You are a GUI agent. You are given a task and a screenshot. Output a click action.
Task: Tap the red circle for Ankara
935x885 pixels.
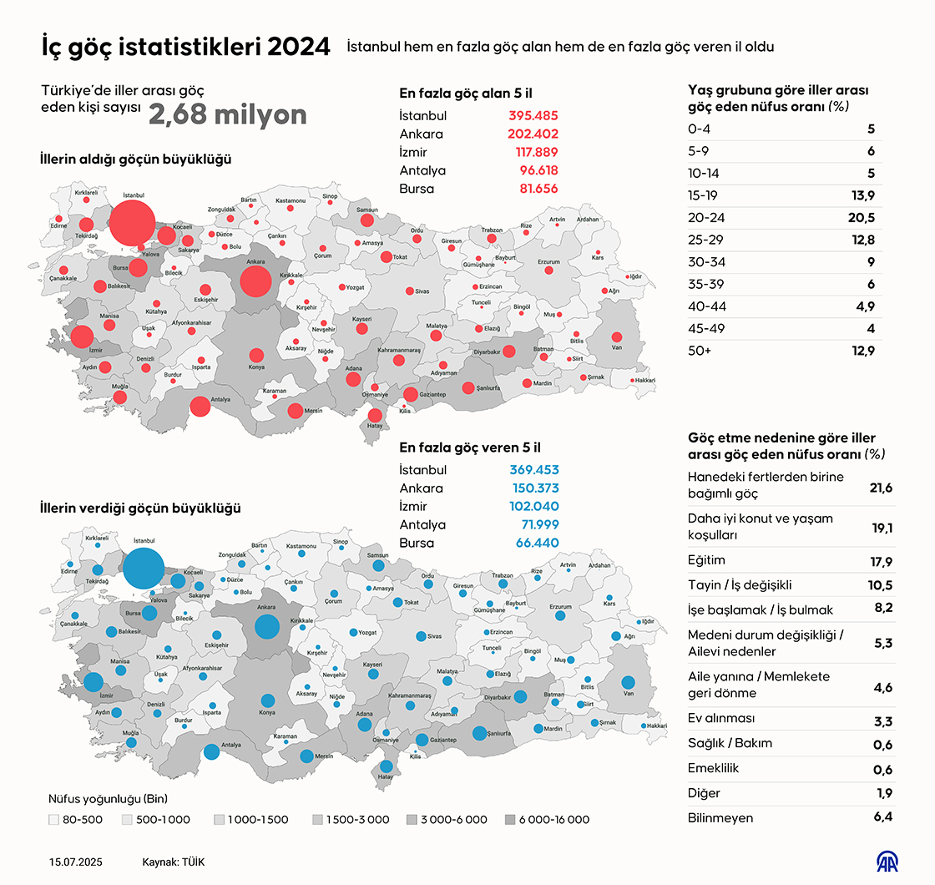coord(255,281)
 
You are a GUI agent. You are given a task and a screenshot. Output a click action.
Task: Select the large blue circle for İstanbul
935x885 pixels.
coord(144,569)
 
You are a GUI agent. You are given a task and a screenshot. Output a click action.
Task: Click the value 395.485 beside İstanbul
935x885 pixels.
coord(533,116)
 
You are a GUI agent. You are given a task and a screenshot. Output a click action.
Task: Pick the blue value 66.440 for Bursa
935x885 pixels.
coord(534,544)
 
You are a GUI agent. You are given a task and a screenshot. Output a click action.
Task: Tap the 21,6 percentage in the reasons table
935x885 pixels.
coord(881,488)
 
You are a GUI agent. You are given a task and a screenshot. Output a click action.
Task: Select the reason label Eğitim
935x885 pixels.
coord(706,560)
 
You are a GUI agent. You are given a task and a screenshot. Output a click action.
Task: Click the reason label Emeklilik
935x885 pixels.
coord(714,768)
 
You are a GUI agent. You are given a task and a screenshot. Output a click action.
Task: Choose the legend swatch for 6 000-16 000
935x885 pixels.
coord(510,820)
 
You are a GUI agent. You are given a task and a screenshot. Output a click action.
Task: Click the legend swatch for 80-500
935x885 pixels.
coord(54,820)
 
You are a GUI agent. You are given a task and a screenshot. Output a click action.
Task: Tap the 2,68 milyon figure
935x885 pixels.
coord(227,115)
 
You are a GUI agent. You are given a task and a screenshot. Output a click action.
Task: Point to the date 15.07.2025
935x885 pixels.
coord(77,862)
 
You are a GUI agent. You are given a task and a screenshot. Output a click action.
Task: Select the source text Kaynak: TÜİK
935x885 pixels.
coord(174,862)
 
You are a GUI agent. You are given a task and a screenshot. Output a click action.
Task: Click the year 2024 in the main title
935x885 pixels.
coord(298,47)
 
